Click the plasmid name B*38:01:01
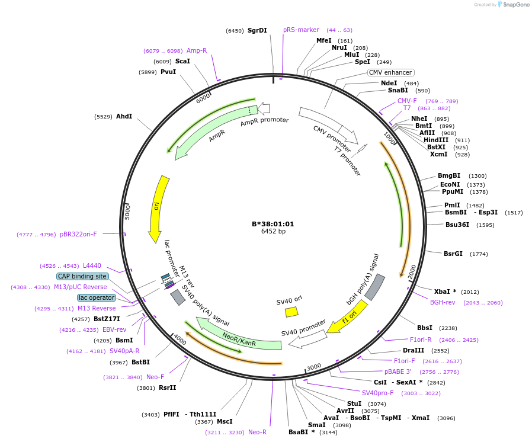click(273, 224)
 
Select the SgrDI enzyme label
click(257, 30)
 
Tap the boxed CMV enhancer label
click(390, 72)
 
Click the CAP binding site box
click(82, 276)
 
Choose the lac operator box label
click(96, 297)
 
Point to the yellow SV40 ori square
click(291, 312)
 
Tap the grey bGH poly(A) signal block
click(375, 287)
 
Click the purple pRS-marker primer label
click(301, 30)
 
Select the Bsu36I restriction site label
click(457, 225)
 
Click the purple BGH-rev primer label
click(443, 302)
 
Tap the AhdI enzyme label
click(124, 116)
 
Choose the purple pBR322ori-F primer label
click(78, 234)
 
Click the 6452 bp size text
click(273, 231)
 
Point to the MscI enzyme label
click(225, 421)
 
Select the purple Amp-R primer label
click(197, 50)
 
